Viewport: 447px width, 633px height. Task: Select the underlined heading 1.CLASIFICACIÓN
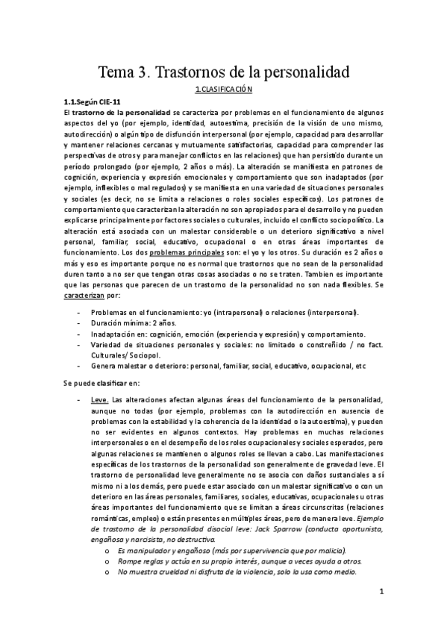coord(223,90)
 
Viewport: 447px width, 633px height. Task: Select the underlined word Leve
coord(100,399)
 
